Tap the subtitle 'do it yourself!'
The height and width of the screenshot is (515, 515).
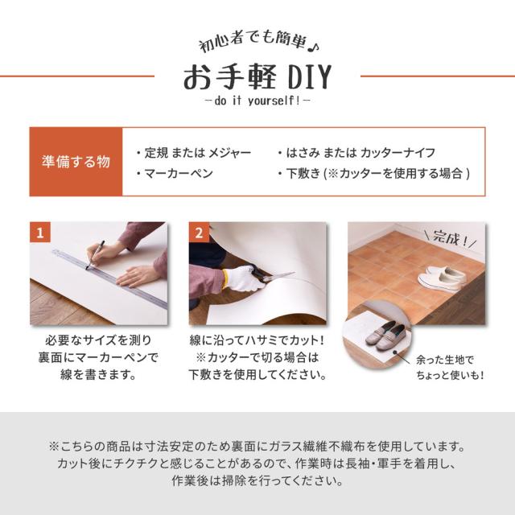pos(257,102)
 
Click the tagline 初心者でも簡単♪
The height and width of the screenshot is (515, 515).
pos(257,45)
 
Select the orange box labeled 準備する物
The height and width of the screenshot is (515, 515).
pos(76,161)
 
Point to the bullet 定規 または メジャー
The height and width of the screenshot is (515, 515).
pos(193,152)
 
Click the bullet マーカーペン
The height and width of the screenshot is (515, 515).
pos(172,172)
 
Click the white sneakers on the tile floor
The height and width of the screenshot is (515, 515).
pos(442,278)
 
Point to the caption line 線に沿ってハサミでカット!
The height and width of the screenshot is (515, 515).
pos(257,341)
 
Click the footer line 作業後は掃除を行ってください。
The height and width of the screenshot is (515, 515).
pos(257,482)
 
